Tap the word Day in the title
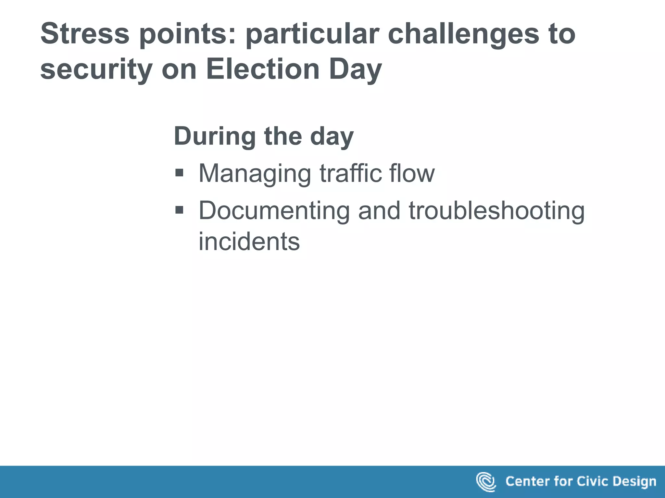pos(355,70)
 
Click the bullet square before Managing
pos(179,173)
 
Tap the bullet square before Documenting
pos(179,210)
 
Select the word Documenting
pos(274,211)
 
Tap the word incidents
pos(249,242)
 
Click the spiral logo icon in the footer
pos(485,481)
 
